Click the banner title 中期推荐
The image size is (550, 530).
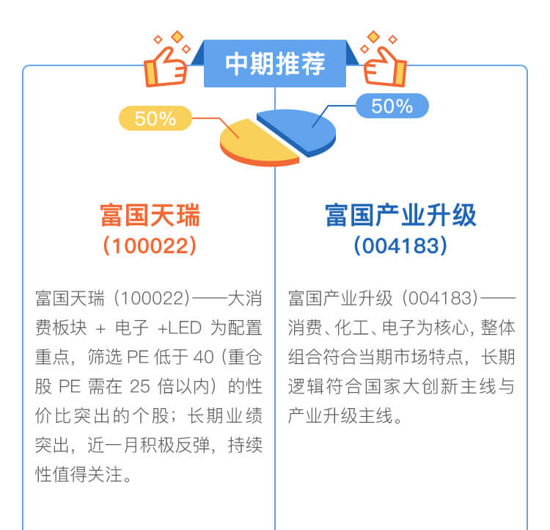(275, 64)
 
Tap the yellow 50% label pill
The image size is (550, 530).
(155, 118)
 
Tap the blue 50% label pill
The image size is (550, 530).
(392, 106)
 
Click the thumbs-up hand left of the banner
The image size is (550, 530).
(165, 65)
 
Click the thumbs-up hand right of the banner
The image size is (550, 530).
(385, 65)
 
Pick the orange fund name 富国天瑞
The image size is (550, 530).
(150, 215)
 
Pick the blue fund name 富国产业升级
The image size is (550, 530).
(400, 215)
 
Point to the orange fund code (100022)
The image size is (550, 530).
(150, 246)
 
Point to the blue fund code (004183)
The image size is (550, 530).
(400, 246)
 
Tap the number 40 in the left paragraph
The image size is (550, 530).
(203, 357)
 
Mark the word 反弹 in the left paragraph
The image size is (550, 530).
(193, 446)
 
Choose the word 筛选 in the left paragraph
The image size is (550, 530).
(105, 357)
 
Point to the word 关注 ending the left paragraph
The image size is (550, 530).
(105, 474)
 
